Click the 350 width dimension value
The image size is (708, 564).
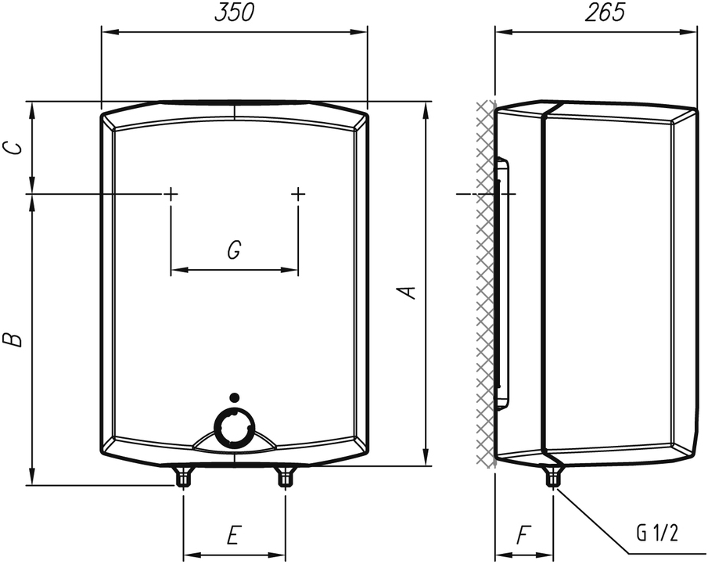(235, 13)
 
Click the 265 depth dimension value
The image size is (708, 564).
(605, 13)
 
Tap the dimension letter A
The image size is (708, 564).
(408, 292)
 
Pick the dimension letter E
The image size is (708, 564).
(232, 534)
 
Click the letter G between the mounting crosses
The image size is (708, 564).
(234, 250)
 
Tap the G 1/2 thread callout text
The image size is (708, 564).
(657, 533)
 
